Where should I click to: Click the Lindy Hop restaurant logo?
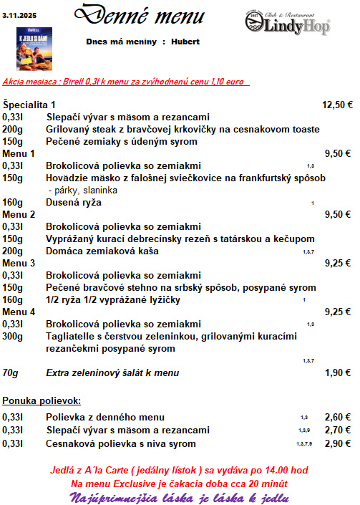(x=288, y=22)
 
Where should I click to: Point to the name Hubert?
(x=185, y=42)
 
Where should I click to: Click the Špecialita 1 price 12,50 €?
(x=337, y=105)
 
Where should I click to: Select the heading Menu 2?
(x=19, y=214)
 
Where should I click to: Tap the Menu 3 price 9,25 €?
(x=339, y=263)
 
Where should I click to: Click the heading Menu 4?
(x=19, y=312)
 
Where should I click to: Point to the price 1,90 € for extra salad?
(x=339, y=372)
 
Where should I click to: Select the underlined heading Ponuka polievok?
(x=42, y=400)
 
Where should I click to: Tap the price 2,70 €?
(x=338, y=430)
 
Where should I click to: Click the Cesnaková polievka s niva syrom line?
(x=121, y=443)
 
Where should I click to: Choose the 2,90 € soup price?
(x=338, y=443)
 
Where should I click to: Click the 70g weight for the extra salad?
(x=10, y=372)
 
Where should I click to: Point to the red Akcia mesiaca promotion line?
(x=125, y=82)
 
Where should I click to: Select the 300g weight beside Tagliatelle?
(x=12, y=336)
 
